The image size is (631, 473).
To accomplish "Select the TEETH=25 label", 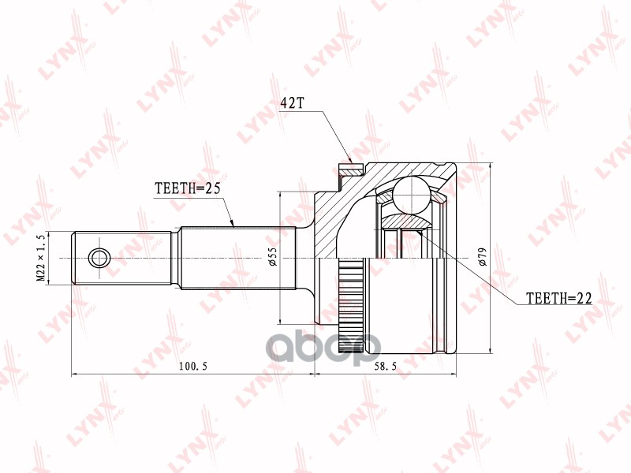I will [186, 188].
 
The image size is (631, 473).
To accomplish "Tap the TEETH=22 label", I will [558, 299].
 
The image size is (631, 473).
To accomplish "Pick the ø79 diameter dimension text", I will [482, 259].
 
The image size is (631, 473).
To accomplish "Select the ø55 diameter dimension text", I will [271, 258].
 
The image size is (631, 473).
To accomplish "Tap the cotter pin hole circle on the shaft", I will [99, 259].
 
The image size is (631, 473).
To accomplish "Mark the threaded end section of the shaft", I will [122, 259].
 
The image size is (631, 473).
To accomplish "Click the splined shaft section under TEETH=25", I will [237, 259].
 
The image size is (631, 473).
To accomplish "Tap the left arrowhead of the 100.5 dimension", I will [76, 374].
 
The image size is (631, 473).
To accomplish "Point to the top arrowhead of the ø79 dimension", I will [490, 168].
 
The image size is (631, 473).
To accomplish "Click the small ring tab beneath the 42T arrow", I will [351, 169].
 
